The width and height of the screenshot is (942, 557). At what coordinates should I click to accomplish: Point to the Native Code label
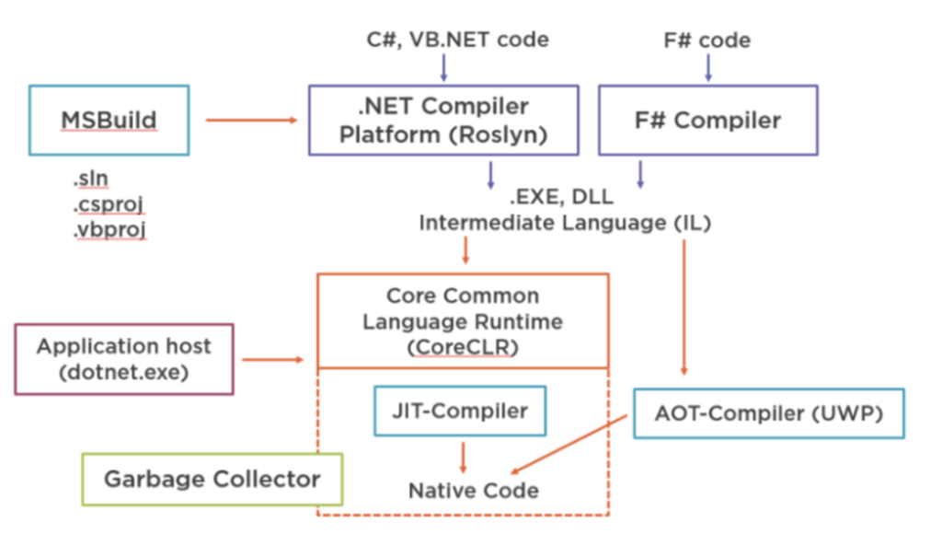pyautogui.click(x=474, y=491)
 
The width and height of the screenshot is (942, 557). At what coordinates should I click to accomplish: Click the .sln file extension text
pyautogui.click(x=91, y=179)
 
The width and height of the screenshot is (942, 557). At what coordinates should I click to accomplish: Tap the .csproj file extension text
pyautogui.click(x=109, y=204)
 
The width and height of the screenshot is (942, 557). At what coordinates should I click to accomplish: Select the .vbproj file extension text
pyautogui.click(x=109, y=230)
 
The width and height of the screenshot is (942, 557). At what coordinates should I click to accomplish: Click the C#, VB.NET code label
pyautogui.click(x=458, y=40)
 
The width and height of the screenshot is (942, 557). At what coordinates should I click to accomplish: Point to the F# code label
pyautogui.click(x=707, y=41)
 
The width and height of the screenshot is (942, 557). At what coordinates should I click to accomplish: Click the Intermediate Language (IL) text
pyautogui.click(x=565, y=223)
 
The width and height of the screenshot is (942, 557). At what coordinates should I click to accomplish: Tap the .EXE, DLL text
pyautogui.click(x=561, y=197)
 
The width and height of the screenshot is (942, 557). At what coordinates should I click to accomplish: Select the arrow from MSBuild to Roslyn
pyautogui.click(x=252, y=121)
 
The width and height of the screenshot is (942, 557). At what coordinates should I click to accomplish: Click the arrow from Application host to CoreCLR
pyautogui.click(x=273, y=360)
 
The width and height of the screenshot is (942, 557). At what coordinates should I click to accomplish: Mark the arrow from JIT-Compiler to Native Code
pyautogui.click(x=463, y=458)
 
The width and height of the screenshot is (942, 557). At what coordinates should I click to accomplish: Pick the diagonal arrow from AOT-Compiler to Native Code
pyautogui.click(x=569, y=445)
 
